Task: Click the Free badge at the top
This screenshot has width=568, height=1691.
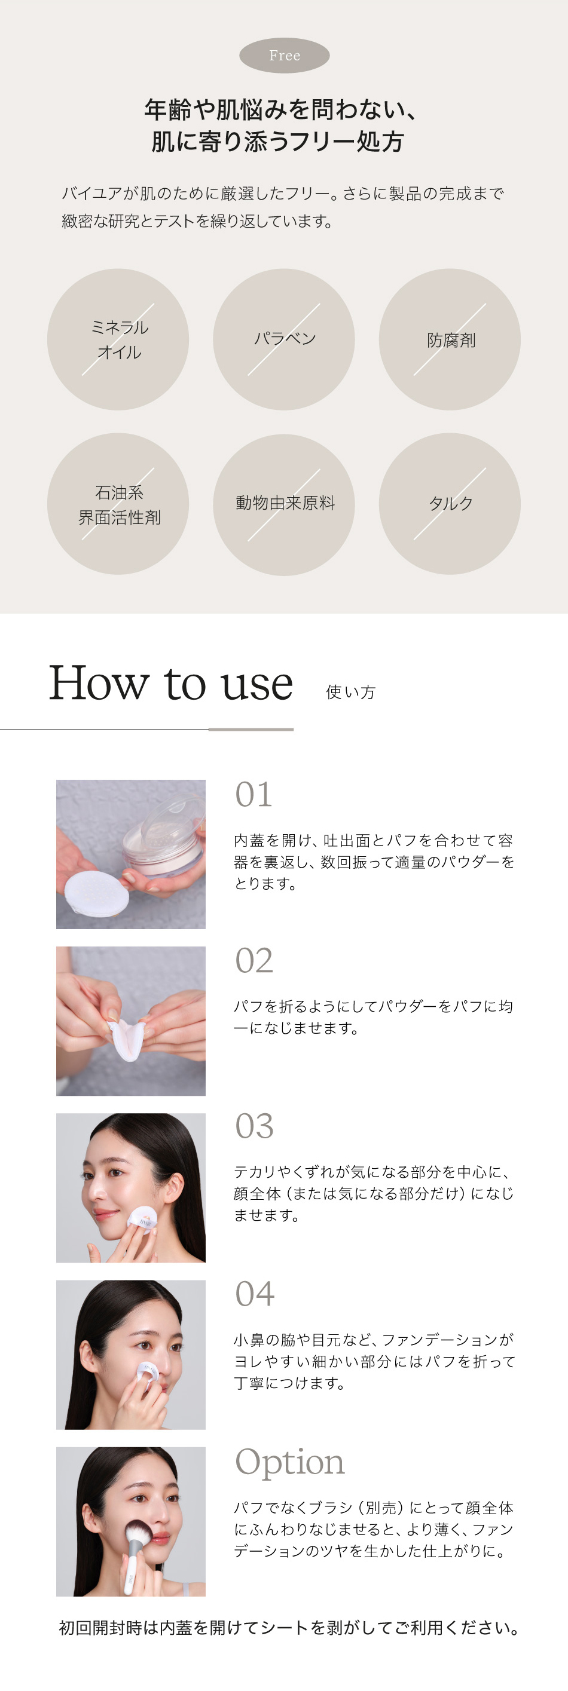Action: pyautogui.click(x=285, y=55)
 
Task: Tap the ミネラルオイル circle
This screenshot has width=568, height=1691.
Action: pyautogui.click(x=118, y=339)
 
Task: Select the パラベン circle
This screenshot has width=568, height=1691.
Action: pyautogui.click(x=283, y=339)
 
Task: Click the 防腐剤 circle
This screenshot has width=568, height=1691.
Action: pyautogui.click(x=450, y=339)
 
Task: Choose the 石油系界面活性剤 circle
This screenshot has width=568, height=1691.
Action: pyautogui.click(x=118, y=504)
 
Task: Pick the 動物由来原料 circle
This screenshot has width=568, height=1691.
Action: pyautogui.click(x=283, y=504)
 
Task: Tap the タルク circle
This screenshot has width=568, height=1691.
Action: pyautogui.click(x=450, y=504)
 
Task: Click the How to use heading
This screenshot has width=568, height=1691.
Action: pyautogui.click(x=171, y=684)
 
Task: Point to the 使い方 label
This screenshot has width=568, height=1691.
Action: pyautogui.click(x=350, y=692)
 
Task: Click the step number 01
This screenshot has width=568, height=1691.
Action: pyautogui.click(x=254, y=795)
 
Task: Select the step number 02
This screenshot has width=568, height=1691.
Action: pyautogui.click(x=254, y=961)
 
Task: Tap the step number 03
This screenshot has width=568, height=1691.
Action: pyautogui.click(x=254, y=1126)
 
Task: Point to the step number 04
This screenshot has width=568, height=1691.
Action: pyautogui.click(x=255, y=1294)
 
